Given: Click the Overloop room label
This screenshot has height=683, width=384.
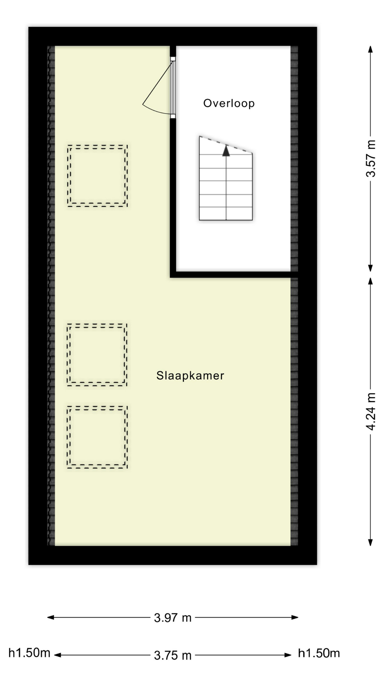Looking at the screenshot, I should [x=229, y=103].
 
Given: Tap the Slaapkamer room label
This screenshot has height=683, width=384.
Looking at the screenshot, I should [x=190, y=375].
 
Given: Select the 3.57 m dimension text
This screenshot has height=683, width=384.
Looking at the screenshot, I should [x=370, y=159].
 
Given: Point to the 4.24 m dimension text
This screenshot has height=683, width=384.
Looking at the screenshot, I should [x=370, y=412].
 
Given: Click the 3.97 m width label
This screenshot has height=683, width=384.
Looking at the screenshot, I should [x=173, y=618].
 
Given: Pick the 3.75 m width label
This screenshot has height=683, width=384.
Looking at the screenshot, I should [x=173, y=655].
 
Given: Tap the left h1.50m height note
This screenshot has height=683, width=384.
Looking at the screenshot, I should [x=29, y=653].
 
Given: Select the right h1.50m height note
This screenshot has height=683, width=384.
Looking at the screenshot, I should [x=319, y=653].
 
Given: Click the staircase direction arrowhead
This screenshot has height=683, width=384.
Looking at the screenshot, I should [x=226, y=151].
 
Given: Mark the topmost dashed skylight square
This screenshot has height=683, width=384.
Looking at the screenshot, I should [x=97, y=176].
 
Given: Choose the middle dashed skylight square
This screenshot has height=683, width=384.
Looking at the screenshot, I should [x=97, y=355].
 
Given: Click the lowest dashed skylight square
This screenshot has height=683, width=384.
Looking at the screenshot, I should [x=97, y=437].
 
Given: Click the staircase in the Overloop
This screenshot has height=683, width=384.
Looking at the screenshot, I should [x=226, y=185].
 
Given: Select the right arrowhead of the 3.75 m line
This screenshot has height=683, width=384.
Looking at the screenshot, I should [x=288, y=655].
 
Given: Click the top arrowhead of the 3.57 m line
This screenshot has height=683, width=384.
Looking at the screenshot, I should [x=370, y=49].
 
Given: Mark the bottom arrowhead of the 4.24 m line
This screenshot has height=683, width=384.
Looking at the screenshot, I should [x=370, y=542].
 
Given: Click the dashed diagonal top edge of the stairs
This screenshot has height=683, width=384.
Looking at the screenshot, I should [x=226, y=145].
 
